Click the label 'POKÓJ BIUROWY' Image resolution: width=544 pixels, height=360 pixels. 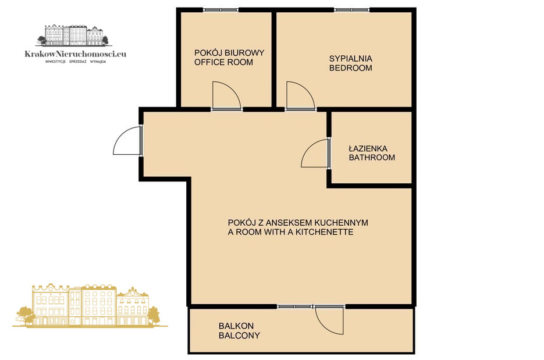[229, 53]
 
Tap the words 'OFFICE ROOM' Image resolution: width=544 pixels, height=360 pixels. [224, 62]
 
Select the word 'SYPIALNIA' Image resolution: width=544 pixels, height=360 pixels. [351, 59]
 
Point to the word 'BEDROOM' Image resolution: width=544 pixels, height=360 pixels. [351, 68]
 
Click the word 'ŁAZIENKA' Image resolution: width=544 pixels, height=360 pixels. [368, 148]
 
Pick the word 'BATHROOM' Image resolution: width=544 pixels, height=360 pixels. [372, 158]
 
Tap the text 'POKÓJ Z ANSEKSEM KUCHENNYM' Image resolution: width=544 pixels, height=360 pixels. [298, 223]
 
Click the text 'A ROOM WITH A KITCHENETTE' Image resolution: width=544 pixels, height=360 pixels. [291, 232]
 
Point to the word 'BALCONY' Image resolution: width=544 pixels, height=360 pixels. [239, 336]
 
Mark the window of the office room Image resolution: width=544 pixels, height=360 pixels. [221, 10]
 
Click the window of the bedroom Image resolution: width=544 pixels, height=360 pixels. [352, 10]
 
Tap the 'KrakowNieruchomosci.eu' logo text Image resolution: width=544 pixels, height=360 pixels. [76, 54]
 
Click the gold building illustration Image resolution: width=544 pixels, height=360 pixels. [90, 305]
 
